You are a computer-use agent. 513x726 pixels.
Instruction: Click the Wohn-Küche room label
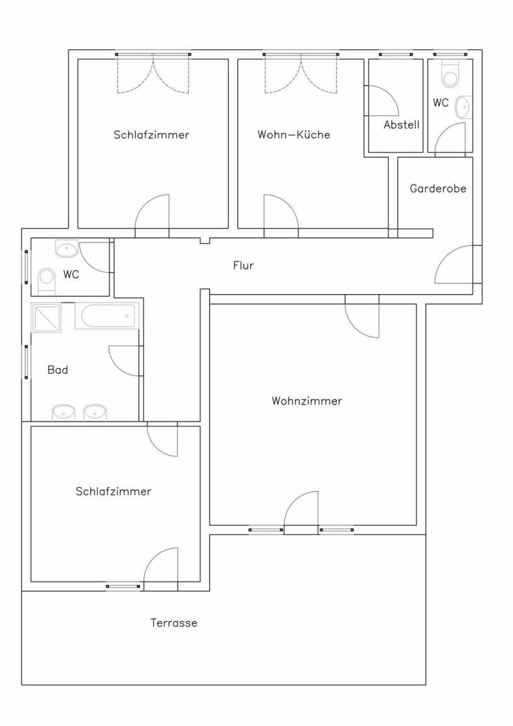click(294, 135)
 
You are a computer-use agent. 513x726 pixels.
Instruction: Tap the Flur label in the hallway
click(243, 265)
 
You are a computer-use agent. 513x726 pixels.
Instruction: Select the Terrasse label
click(173, 623)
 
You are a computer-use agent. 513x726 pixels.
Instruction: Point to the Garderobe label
click(437, 188)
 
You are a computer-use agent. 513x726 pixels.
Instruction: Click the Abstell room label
click(401, 125)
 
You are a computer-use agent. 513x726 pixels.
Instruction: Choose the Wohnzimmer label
click(307, 401)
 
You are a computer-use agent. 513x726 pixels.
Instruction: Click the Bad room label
click(58, 370)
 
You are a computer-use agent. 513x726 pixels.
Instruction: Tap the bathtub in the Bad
click(106, 316)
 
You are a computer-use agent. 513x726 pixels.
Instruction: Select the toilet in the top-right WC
click(449, 74)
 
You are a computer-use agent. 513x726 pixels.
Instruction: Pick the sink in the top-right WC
click(463, 107)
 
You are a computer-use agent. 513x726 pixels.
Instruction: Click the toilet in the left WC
click(46, 280)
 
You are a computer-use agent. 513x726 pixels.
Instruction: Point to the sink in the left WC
click(67, 249)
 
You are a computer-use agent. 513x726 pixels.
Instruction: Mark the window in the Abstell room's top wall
click(395, 55)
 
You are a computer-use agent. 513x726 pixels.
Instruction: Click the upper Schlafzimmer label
click(151, 135)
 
